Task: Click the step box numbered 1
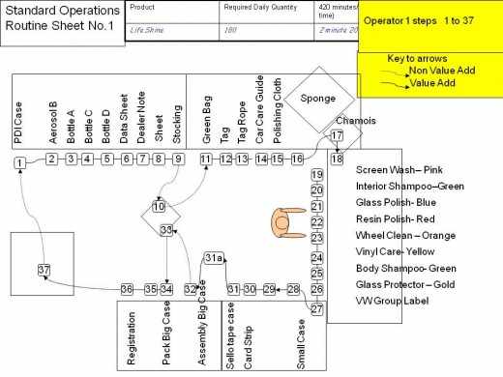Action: (20, 164)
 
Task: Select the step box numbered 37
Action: (43, 268)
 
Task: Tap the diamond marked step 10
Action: (159, 207)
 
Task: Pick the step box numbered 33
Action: (166, 230)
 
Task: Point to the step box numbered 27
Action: (316, 309)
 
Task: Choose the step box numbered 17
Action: (336, 136)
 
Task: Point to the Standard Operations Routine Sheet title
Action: (56, 19)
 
